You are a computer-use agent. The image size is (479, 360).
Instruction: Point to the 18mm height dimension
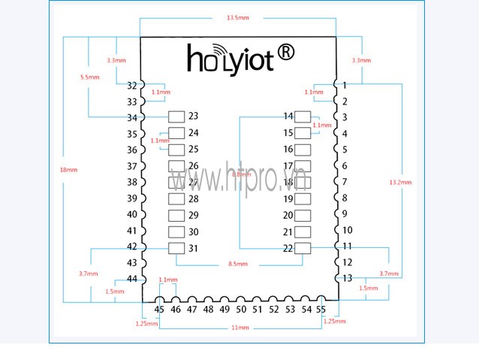(x=68, y=170)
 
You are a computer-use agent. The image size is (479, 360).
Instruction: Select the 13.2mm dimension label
(x=399, y=182)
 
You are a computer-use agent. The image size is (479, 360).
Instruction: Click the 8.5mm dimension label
(x=239, y=264)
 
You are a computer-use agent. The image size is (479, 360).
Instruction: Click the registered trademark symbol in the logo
(x=286, y=52)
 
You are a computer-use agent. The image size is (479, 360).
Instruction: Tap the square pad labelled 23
(x=176, y=116)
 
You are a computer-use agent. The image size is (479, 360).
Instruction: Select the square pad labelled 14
(x=303, y=116)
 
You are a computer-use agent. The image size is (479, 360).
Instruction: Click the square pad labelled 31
(x=176, y=249)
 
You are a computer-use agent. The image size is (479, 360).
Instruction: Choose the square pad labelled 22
(x=303, y=249)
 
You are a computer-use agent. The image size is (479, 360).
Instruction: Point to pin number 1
(x=344, y=86)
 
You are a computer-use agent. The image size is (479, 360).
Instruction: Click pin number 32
(x=132, y=86)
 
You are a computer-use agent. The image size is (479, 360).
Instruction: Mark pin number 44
(x=132, y=279)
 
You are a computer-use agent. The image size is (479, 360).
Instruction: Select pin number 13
(x=346, y=278)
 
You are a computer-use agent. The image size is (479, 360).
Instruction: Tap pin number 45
(x=159, y=310)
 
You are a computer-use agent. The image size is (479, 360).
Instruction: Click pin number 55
(x=321, y=310)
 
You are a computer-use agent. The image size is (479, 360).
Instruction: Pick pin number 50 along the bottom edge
(x=240, y=310)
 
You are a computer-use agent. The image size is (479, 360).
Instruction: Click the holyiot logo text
(x=230, y=59)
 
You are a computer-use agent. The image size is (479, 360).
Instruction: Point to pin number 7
(x=345, y=182)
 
